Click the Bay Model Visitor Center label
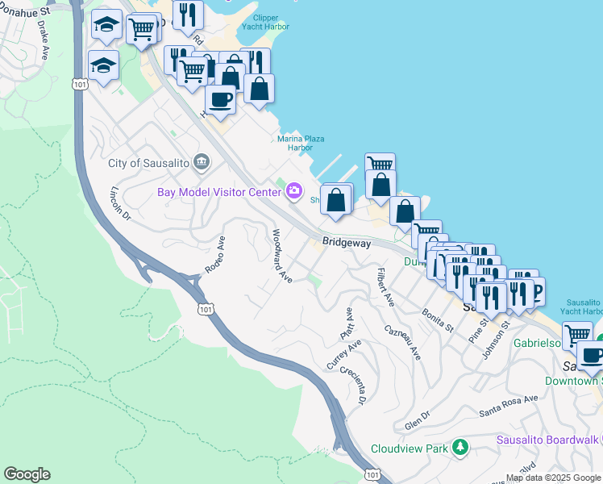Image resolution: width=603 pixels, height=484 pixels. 218,191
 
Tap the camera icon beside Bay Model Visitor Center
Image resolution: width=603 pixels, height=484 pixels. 294,191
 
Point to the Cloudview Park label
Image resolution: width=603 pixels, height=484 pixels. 409,449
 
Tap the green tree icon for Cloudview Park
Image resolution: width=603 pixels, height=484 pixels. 460,447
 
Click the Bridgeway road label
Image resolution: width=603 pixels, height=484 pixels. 347,241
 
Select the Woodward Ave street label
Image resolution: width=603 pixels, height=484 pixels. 281,256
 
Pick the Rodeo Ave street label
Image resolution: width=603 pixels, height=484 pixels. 214,254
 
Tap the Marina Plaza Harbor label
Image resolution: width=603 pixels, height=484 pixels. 301,144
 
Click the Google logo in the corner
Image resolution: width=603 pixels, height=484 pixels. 27,474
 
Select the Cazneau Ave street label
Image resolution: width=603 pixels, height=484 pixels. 403,342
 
